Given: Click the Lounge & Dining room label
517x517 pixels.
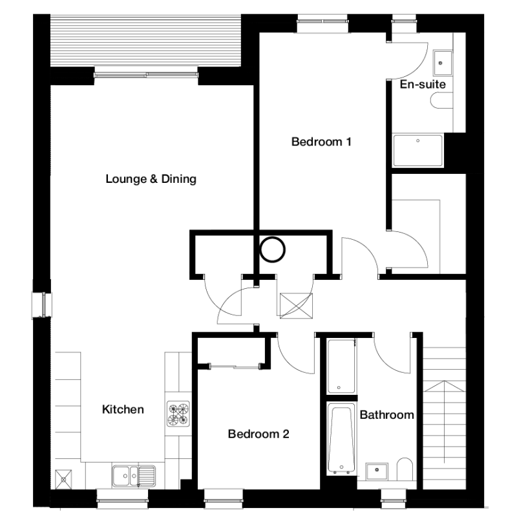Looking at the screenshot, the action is tap(151, 179).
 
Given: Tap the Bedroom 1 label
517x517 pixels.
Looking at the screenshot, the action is tap(321, 142).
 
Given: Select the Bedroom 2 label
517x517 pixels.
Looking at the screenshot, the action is tap(258, 434).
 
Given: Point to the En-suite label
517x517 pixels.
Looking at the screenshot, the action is tap(423, 85).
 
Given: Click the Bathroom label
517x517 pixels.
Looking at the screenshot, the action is tap(386, 415).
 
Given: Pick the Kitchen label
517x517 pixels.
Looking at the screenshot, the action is tap(123, 410).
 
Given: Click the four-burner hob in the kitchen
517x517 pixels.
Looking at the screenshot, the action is tap(178, 414).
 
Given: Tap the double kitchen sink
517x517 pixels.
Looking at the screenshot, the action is tap(134, 476).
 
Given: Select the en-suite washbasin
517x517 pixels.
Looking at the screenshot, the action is tap(443, 63).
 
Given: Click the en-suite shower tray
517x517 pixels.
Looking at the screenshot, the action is tap(417, 151).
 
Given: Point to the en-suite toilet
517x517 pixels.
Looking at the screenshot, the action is tap(442, 100).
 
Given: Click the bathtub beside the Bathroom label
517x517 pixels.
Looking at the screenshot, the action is tap(341, 439).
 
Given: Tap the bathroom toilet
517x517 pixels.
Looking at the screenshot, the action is tap(405, 469).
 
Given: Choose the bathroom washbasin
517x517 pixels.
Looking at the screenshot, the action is tap(377, 471).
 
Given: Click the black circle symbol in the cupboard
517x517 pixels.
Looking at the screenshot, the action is tap(272, 249).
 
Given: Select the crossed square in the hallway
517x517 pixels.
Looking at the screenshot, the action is tap(296, 306).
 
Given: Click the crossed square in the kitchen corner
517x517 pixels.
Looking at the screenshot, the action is tap(63, 479).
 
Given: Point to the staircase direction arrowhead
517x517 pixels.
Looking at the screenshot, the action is tap(445, 386).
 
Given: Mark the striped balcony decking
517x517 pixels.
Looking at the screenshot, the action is tap(145, 41).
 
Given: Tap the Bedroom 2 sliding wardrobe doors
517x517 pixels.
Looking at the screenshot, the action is tap(235, 366).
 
